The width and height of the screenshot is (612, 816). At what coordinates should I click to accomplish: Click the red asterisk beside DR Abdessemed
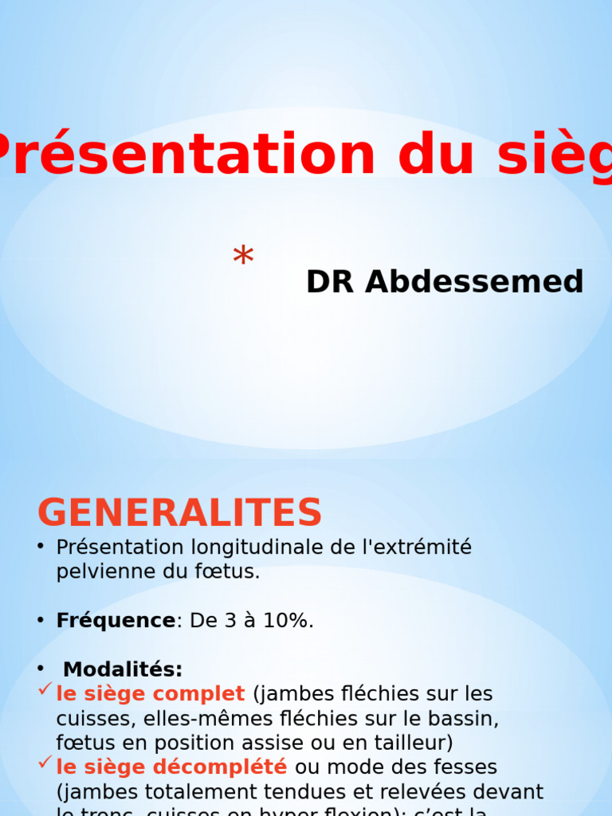pyautogui.click(x=243, y=258)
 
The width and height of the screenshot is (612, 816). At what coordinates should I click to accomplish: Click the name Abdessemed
pyautogui.click(x=474, y=282)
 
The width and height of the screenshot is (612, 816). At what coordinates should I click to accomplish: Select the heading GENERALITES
pyautogui.click(x=179, y=513)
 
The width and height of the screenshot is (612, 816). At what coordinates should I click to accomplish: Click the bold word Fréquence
pyautogui.click(x=116, y=621)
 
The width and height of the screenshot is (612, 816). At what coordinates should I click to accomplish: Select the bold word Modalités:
pyautogui.click(x=123, y=669)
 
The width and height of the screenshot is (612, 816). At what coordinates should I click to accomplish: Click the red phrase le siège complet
pyautogui.click(x=151, y=694)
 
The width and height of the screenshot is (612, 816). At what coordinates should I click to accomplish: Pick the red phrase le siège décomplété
pyautogui.click(x=171, y=767)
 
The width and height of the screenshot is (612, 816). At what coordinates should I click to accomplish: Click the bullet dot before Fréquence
pyautogui.click(x=40, y=621)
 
